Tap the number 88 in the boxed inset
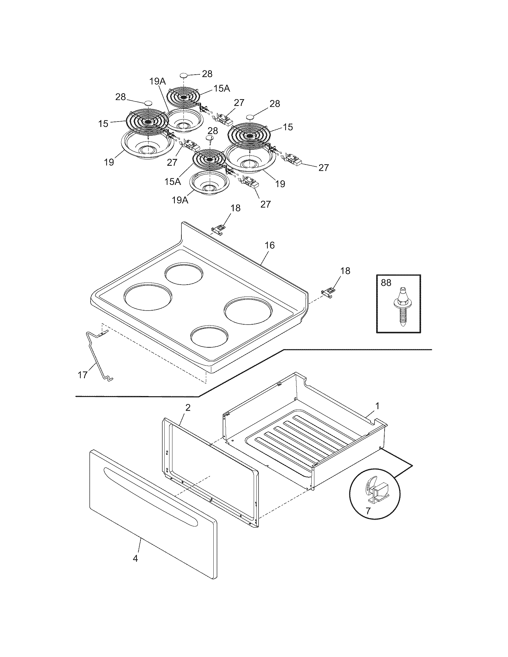click(386, 283)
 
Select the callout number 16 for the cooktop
click(270, 245)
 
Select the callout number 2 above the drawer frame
click(187, 408)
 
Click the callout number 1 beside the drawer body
click(377, 406)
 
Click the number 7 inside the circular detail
click(368, 510)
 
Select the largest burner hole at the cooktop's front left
click(148, 296)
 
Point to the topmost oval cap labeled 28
click(184, 75)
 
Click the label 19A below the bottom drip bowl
click(180, 200)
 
